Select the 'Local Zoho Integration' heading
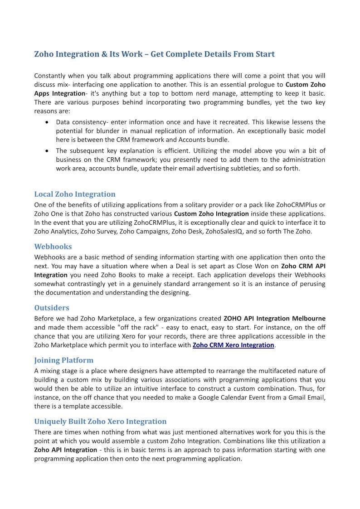tap(75, 194)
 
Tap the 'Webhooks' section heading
tap(53, 247)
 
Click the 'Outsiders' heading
tap(52, 308)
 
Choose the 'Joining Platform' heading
tap(64, 360)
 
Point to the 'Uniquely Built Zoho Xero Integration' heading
tap(100, 422)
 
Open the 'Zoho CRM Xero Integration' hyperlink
tap(234, 345)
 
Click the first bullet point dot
tap(48, 122)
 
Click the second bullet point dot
tap(48, 150)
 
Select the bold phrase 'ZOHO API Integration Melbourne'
tap(274, 319)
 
